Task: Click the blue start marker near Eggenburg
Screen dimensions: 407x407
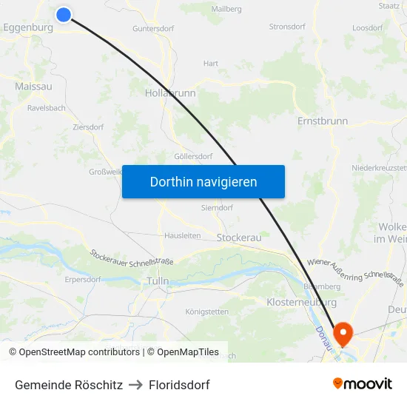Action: tap(64, 14)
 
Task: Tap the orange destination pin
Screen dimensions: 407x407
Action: tap(343, 334)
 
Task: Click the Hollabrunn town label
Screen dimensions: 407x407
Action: tap(170, 94)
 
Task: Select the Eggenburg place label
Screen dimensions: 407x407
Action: tap(27, 27)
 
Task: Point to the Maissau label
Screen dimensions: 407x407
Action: tap(33, 87)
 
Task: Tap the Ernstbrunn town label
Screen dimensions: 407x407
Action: tap(322, 120)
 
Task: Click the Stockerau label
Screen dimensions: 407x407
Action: tap(239, 238)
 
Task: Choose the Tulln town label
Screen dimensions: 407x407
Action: tap(158, 281)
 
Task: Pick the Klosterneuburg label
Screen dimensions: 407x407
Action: tap(301, 303)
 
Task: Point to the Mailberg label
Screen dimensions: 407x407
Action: tap(226, 9)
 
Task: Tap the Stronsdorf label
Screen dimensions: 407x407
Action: tap(287, 27)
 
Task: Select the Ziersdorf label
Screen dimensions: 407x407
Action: tap(88, 127)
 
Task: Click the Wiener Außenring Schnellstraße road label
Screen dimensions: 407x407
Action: tap(355, 272)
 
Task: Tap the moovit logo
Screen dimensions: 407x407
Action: tap(363, 384)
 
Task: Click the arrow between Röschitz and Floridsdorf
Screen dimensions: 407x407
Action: tap(135, 385)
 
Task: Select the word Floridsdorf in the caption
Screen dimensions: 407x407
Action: tap(179, 385)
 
